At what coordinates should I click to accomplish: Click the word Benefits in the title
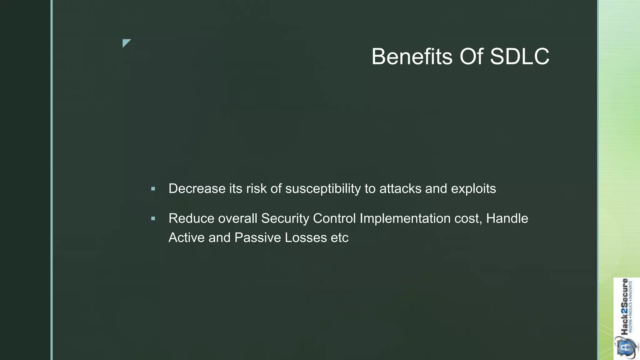pos(412,57)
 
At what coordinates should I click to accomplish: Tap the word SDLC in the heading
pos(519,57)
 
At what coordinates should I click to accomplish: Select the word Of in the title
pos(471,57)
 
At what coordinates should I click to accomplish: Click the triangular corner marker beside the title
pos(126,43)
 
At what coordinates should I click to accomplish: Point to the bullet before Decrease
pos(153,189)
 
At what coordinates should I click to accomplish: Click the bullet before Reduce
pos(153,219)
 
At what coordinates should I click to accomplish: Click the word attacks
pos(400,189)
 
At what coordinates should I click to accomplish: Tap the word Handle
pos(507,218)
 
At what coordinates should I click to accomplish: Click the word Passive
pos(258,238)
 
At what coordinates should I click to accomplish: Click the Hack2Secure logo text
pos(624,306)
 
